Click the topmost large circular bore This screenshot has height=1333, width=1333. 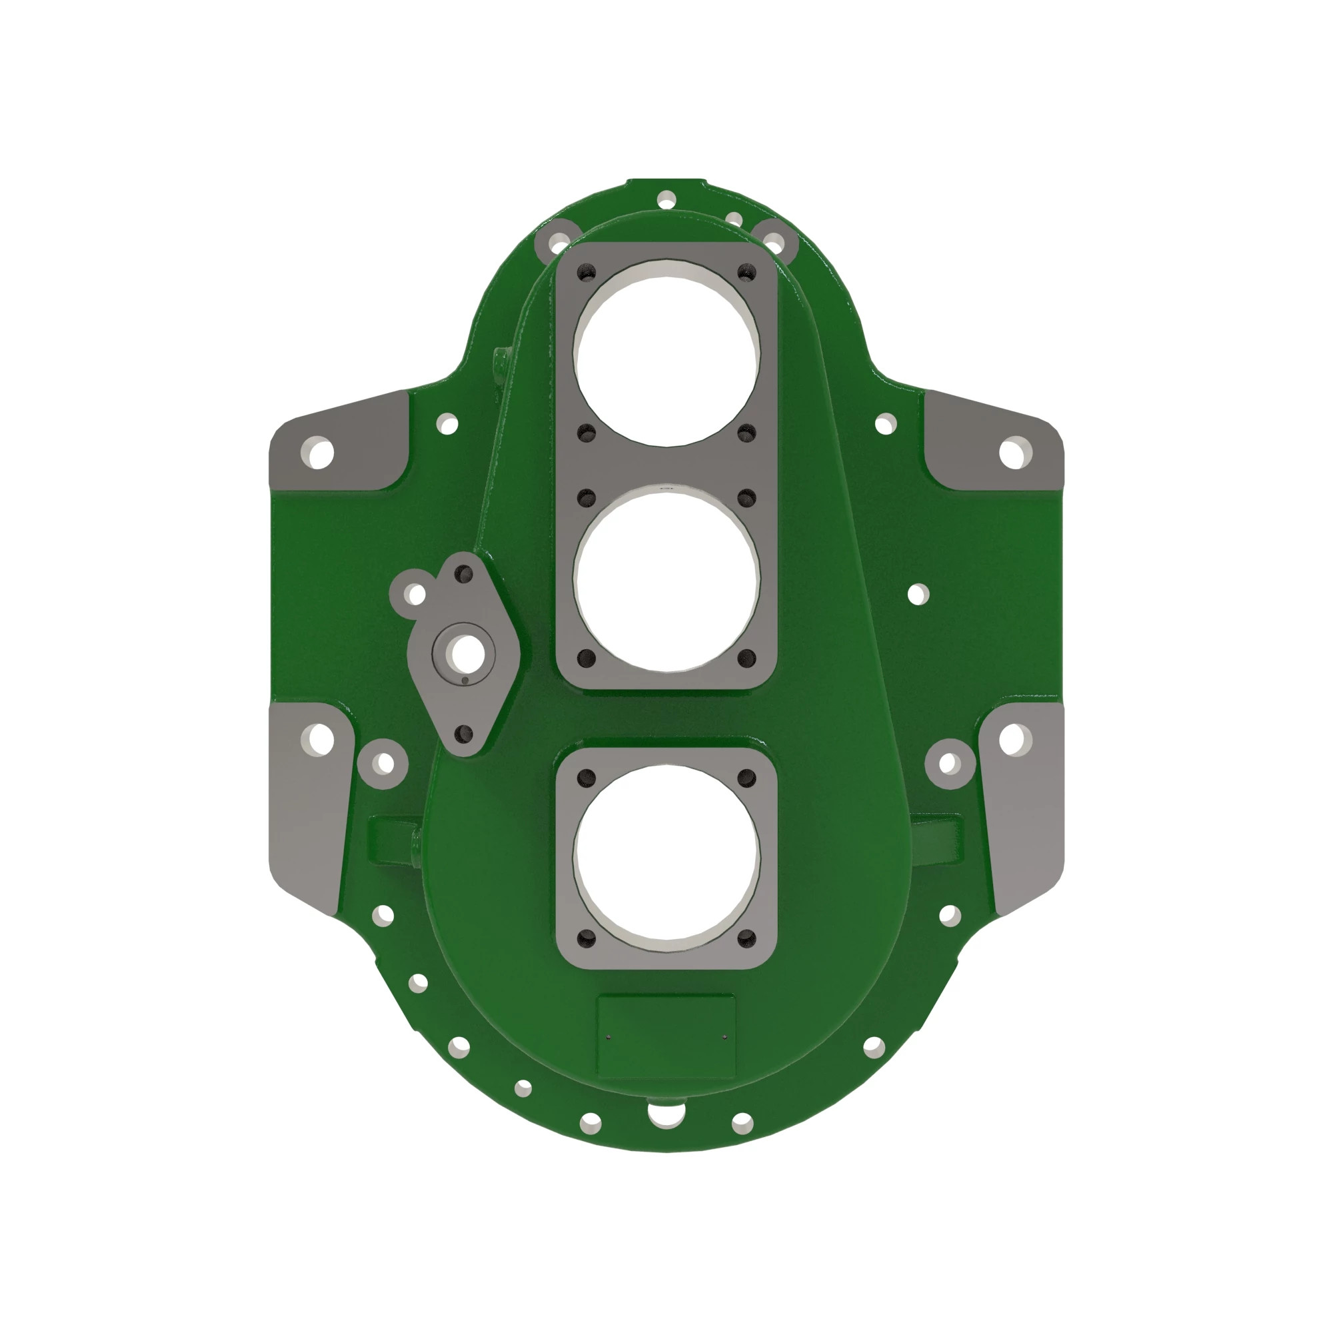coord(666,353)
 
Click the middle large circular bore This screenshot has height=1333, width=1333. coord(666,578)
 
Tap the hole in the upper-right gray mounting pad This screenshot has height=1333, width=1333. coord(1012,454)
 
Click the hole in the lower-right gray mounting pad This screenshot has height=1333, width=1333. coord(1012,740)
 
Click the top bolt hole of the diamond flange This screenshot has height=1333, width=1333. coord(463,573)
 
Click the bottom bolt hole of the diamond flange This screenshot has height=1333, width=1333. coord(465,732)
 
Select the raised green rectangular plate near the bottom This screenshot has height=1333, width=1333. coord(666,1036)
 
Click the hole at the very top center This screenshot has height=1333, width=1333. coord(666,201)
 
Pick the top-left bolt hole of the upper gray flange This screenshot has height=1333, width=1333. coord(587,273)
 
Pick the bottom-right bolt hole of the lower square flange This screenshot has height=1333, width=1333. coord(746,938)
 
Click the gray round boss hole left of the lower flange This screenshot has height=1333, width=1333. coord(385,764)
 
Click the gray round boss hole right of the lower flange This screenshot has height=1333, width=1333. coord(949,764)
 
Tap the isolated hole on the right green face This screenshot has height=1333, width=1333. coord(918,594)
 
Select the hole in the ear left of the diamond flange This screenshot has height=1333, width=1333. coord(415,594)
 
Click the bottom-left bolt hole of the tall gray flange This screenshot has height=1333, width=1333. coord(587,659)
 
